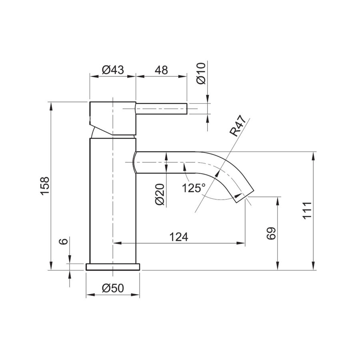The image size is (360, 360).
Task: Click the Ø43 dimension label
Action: point(112,70)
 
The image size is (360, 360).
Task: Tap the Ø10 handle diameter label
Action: point(202,73)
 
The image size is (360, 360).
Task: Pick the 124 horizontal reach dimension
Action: point(179,237)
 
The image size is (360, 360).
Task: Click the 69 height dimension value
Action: point(271,233)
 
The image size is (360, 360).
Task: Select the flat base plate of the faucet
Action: point(113,267)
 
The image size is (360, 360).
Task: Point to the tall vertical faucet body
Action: point(113,200)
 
